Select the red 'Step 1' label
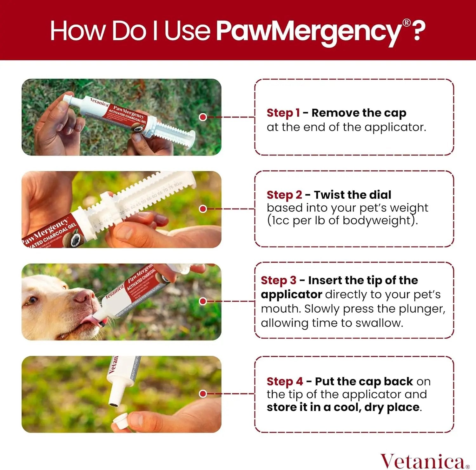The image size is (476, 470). tap(283, 113)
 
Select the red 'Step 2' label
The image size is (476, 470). tap(284, 195)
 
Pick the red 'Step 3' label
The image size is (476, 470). tap(278, 280)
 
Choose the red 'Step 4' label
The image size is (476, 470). tap(285, 381)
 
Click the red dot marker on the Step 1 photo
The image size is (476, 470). tap(203, 117)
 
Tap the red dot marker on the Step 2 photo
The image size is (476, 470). tap(203, 209)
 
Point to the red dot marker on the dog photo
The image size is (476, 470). tap(203, 301)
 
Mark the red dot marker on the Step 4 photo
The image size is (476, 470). tap(203, 394)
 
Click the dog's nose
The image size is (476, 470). tap(83, 297)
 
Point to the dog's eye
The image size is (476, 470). tap(31, 300)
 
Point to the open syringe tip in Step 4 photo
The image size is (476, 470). tap(114, 404)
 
